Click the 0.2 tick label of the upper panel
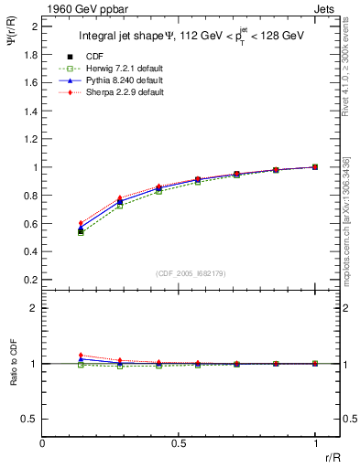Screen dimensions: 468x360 point(32,280)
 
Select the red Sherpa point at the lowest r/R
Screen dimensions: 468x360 point(81,223)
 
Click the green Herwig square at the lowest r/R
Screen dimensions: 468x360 point(81,233)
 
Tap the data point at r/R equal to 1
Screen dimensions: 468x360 point(315,167)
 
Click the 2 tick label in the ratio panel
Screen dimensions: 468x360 point(34,308)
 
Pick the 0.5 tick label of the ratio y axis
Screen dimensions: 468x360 point(32,419)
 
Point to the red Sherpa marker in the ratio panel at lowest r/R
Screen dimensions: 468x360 point(81,355)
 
